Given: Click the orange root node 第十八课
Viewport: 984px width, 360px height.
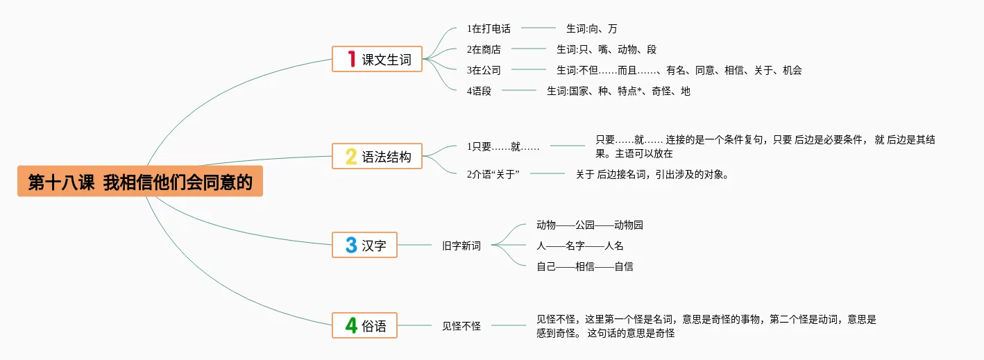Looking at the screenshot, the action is click(x=140, y=181).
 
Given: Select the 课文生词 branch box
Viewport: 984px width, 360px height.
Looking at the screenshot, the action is click(x=377, y=59).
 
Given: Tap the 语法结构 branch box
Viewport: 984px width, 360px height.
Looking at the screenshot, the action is click(x=377, y=157).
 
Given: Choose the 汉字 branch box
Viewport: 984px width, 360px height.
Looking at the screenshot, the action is click(x=364, y=245).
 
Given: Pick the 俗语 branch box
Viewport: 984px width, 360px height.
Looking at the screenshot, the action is click(x=364, y=325).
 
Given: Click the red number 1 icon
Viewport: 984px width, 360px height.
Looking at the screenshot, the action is click(x=351, y=59).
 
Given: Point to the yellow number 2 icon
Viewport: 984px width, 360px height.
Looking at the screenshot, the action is click(x=351, y=157).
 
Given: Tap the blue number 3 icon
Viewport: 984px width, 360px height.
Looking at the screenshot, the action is click(x=351, y=245).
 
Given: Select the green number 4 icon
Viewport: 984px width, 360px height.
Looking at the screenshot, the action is click(x=351, y=325).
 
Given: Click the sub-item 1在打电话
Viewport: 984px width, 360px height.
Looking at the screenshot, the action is click(x=489, y=29).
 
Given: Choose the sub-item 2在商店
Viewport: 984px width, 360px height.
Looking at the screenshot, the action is click(x=484, y=50).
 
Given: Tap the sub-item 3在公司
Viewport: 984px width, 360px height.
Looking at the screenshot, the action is click(x=484, y=70).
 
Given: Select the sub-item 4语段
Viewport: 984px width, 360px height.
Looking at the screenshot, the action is click(x=479, y=91).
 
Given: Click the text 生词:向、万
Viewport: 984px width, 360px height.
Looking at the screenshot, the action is click(x=591, y=29).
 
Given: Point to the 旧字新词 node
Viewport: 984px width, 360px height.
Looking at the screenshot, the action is click(x=461, y=246).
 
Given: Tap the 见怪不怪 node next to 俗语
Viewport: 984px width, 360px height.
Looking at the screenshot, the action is click(x=461, y=326).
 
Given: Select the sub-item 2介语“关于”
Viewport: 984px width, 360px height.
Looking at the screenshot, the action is click(x=493, y=174).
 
